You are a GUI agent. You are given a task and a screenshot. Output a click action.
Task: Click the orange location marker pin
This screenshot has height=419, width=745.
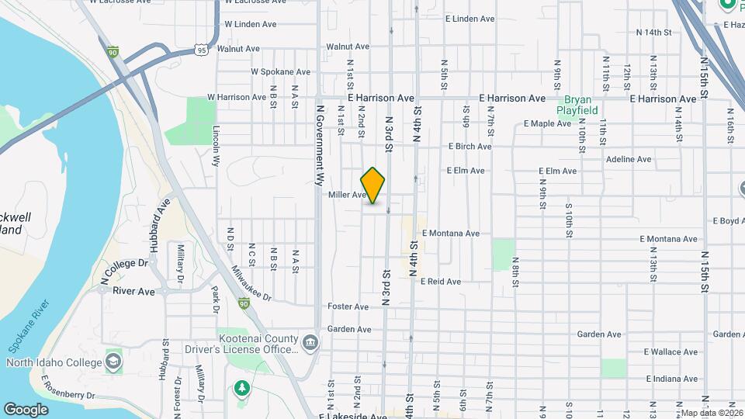coord(373,185)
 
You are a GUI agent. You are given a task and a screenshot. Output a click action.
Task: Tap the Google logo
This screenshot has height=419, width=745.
coord(26,409)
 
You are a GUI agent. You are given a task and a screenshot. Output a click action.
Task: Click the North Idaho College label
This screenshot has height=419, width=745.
coord(54,362)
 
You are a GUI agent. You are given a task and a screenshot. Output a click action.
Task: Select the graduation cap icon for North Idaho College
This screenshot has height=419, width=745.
coord(113,362)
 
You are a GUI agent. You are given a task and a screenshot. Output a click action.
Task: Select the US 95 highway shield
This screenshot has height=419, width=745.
coord(202,49)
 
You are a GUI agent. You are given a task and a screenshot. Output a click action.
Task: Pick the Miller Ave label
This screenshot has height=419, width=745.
coord(347,195)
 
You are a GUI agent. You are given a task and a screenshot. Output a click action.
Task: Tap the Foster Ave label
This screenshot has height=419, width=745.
coord(348,306)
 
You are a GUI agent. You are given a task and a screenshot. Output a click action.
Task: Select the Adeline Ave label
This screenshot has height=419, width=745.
coord(629,159)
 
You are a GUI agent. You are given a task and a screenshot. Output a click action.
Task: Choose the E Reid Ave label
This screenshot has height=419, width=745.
coord(441,282)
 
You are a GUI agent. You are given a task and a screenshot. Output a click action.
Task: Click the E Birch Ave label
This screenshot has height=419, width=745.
coord(470,146)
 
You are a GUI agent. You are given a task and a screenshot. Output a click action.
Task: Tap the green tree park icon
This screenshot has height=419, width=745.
coord(241,388)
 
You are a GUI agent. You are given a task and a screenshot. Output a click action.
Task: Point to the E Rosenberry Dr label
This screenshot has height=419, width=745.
coord(68,387)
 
